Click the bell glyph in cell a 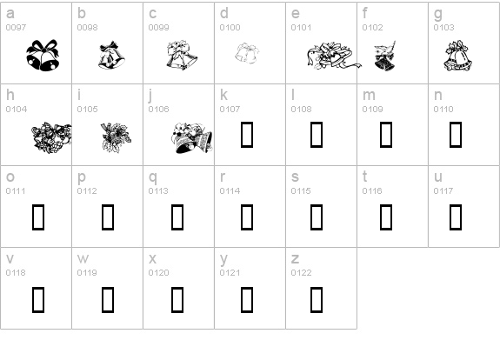[43, 55]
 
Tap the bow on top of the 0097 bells [43, 47]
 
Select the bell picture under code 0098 [111, 55]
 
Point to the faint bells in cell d [247, 53]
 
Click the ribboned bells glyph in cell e [334, 56]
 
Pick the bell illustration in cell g [458, 56]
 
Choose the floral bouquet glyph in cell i [116, 137]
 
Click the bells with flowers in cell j [191, 137]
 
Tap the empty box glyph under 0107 [247, 135]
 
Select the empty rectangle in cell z [317, 300]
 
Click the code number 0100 [230, 28]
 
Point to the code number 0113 [158, 191]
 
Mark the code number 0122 [301, 273]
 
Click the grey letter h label [10, 95]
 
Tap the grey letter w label [83, 258]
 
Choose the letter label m [369, 96]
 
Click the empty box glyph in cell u [456, 217]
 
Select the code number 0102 [372, 28]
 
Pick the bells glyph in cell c [182, 55]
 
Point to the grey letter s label [295, 177]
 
